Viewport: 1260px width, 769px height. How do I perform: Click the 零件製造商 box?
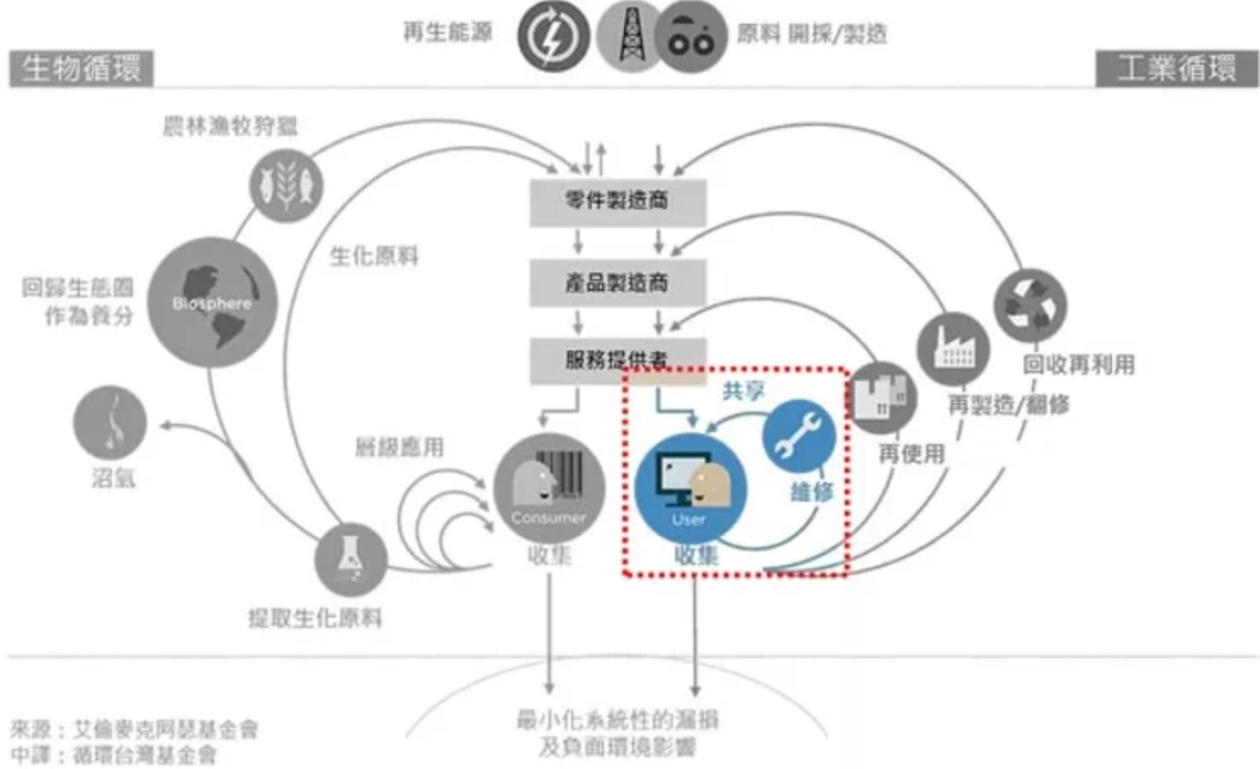(617, 202)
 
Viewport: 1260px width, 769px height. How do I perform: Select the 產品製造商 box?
(617, 282)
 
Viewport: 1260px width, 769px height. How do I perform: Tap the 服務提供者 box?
(617, 360)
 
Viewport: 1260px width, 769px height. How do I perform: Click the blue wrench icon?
(798, 436)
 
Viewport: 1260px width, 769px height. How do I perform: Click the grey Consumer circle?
(549, 488)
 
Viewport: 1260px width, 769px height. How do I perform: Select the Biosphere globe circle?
(213, 302)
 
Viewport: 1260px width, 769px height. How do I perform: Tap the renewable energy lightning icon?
(553, 37)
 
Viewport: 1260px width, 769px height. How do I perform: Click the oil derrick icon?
(630, 37)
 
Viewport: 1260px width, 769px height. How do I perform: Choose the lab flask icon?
(350, 559)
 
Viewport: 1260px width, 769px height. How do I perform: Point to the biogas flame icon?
(111, 423)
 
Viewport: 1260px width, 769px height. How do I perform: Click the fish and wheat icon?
(287, 185)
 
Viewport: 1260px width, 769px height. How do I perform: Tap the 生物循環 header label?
(82, 68)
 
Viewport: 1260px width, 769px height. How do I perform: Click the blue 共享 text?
(743, 390)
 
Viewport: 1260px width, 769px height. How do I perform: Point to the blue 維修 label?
(811, 491)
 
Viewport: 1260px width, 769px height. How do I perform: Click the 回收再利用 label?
(1078, 365)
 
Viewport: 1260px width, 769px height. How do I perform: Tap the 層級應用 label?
(399, 447)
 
